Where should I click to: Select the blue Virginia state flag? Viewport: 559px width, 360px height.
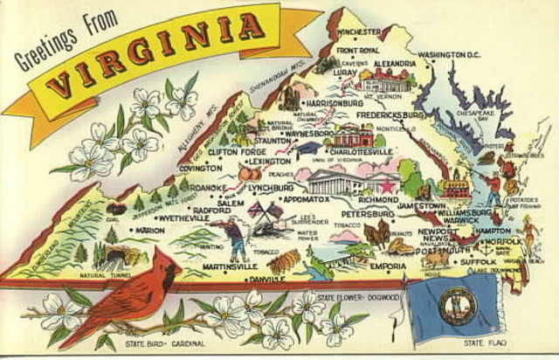pyautogui.click(x=453, y=305)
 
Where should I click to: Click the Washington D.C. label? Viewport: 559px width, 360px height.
pyautogui.click(x=449, y=54)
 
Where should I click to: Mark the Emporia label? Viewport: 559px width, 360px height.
pyautogui.click(x=388, y=266)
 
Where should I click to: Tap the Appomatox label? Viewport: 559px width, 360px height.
pyautogui.click(x=305, y=199)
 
